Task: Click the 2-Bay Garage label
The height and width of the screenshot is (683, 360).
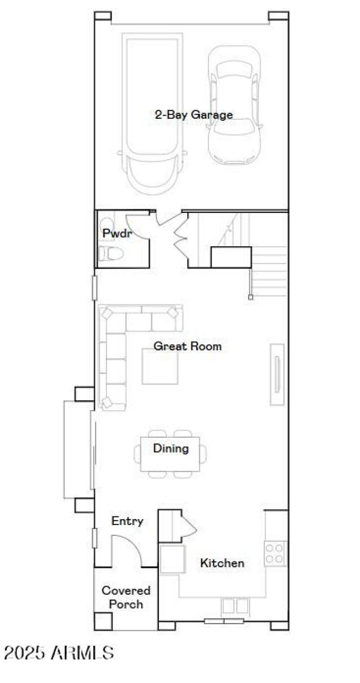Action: pos(194,114)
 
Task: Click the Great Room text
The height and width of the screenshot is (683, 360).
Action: pos(187,346)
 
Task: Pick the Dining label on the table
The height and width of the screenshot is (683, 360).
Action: pos(171,448)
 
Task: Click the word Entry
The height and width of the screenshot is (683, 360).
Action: pos(127,521)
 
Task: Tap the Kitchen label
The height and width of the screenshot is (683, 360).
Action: pos(222,563)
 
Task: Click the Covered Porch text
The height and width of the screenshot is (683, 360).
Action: pos(126,597)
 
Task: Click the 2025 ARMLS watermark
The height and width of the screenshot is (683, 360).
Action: pos(59,652)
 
